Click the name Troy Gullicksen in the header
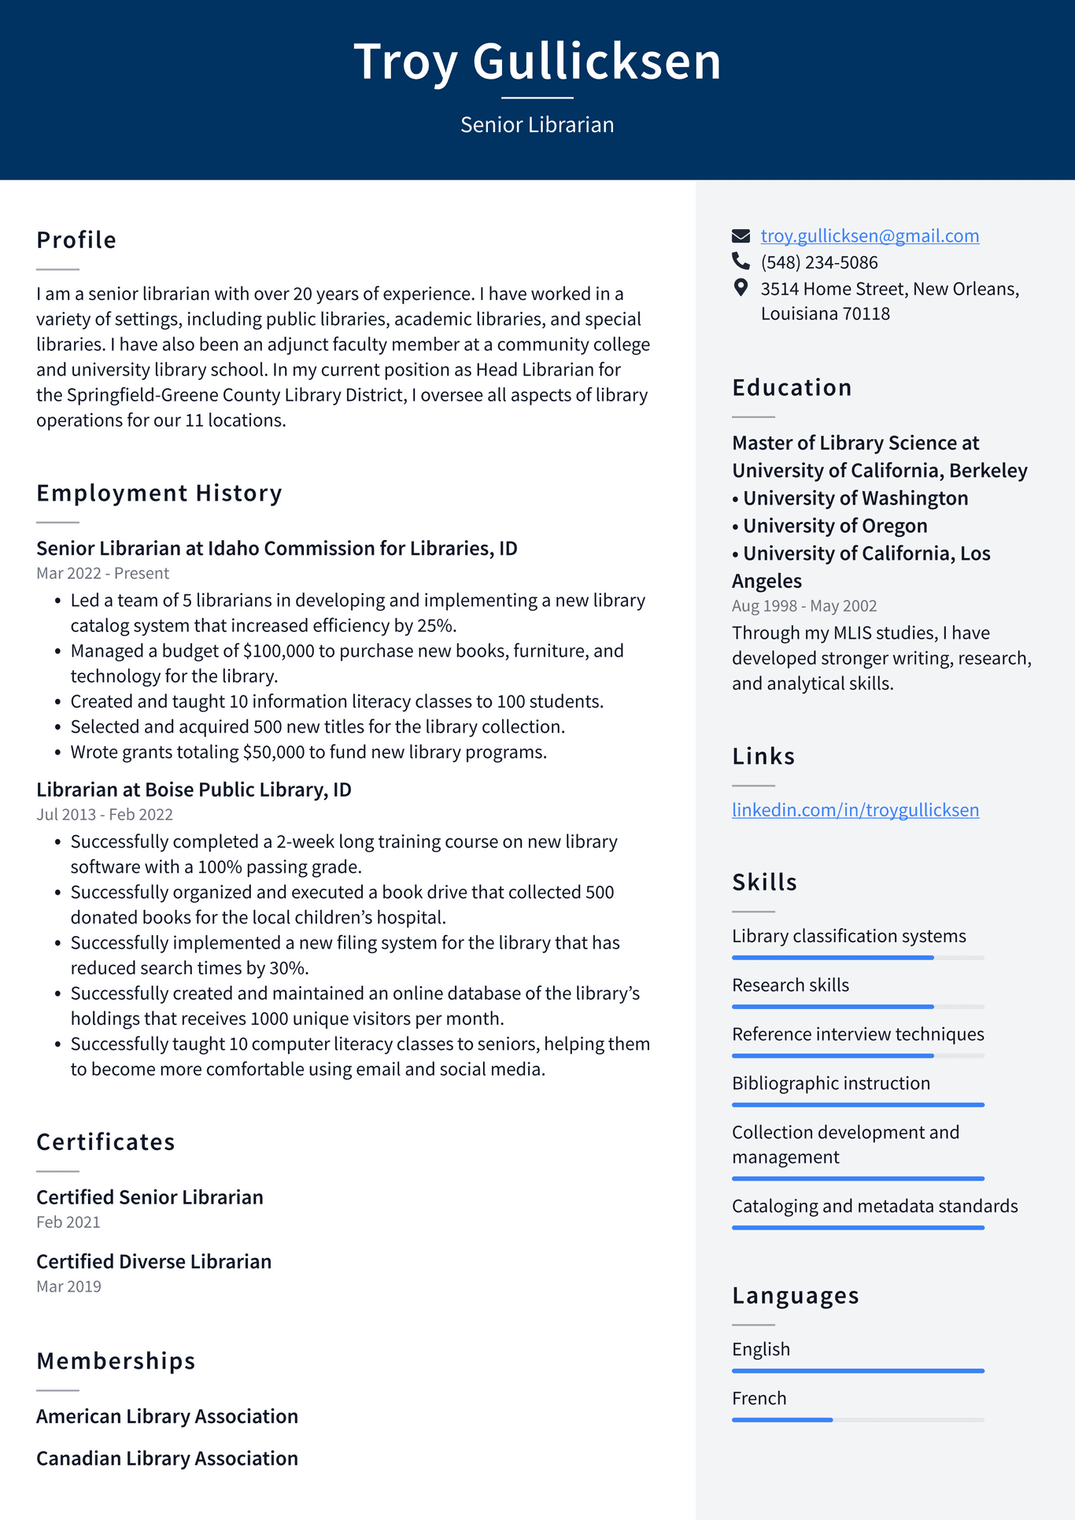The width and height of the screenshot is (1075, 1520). (x=537, y=61)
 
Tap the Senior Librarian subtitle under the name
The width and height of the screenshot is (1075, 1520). (x=537, y=125)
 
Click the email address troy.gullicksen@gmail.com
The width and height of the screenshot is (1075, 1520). (x=870, y=236)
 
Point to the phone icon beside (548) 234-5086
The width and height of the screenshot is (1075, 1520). (x=741, y=261)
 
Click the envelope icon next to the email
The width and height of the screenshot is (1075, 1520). (x=741, y=236)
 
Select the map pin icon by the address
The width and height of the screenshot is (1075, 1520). (x=741, y=288)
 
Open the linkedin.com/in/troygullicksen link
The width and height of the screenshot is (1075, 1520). (x=855, y=810)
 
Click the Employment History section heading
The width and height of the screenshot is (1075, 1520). (x=159, y=494)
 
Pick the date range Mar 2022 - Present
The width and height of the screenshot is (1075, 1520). (x=102, y=574)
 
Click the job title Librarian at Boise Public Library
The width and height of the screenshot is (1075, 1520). (x=194, y=790)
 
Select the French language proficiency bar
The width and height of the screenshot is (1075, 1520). (x=858, y=1420)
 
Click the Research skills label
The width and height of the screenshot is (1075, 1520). (x=790, y=986)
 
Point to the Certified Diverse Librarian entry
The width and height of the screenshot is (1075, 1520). (x=153, y=1262)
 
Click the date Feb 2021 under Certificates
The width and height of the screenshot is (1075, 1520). (x=68, y=1222)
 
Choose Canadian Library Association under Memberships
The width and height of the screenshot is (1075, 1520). (x=167, y=1459)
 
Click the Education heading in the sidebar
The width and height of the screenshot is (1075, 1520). (x=792, y=388)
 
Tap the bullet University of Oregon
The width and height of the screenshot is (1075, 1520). (x=834, y=526)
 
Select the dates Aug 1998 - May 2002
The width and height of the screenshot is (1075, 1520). (x=803, y=606)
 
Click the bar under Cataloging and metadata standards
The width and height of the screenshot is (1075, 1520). (x=858, y=1228)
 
